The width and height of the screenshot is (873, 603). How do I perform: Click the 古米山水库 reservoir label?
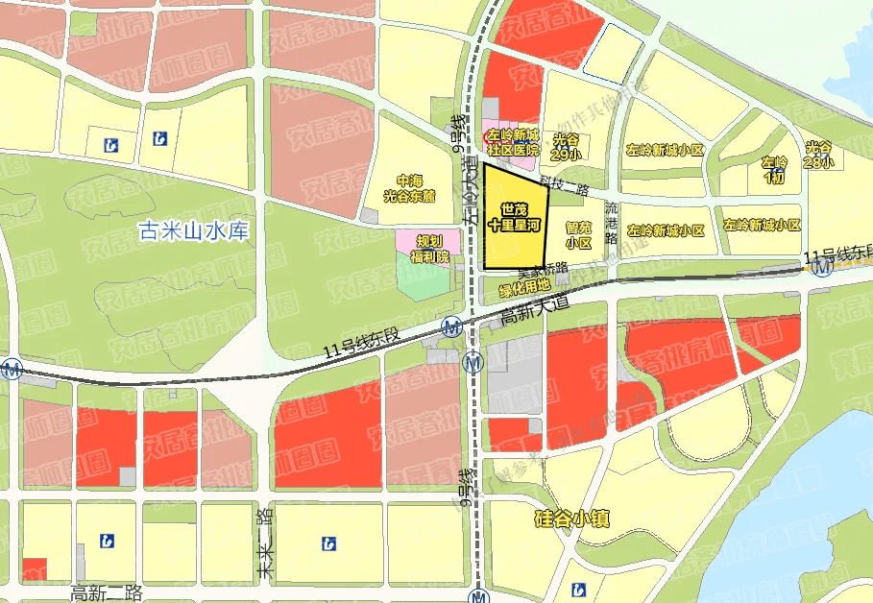(195, 232)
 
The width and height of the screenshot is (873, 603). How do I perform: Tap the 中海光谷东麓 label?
(409, 188)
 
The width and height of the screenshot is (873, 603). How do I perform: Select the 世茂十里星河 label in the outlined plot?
(515, 217)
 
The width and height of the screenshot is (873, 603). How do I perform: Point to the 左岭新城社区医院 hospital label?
(512, 143)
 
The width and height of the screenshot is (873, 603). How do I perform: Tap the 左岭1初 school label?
(774, 169)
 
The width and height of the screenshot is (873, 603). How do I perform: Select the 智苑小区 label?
(578, 235)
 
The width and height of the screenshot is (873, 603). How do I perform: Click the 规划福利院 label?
(429, 248)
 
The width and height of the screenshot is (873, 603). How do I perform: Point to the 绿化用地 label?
(524, 285)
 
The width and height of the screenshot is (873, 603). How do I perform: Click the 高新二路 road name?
(107, 591)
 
